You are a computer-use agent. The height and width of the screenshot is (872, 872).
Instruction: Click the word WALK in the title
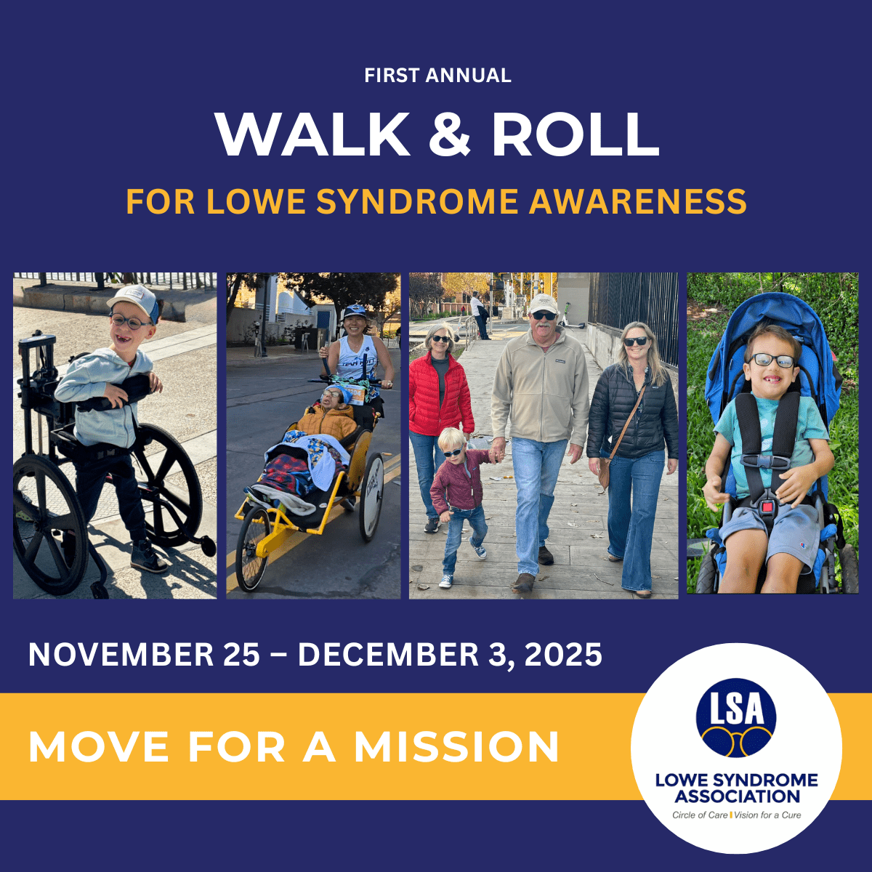(x=312, y=134)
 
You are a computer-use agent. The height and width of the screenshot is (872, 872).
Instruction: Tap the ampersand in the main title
(x=450, y=134)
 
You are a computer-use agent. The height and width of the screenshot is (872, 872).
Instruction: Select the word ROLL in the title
(x=575, y=134)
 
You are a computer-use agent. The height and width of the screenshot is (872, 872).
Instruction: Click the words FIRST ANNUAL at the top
(x=437, y=76)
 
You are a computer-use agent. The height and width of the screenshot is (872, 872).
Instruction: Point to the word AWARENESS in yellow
(x=637, y=201)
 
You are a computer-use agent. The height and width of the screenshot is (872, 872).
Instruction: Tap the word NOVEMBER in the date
(x=121, y=654)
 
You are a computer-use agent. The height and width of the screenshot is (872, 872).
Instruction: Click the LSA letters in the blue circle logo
(x=736, y=709)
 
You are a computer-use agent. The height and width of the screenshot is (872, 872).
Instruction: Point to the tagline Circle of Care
(x=700, y=815)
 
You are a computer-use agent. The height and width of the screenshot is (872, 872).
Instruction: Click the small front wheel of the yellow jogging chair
(x=252, y=547)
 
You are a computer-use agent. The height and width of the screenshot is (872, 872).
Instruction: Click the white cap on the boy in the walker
(x=132, y=299)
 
